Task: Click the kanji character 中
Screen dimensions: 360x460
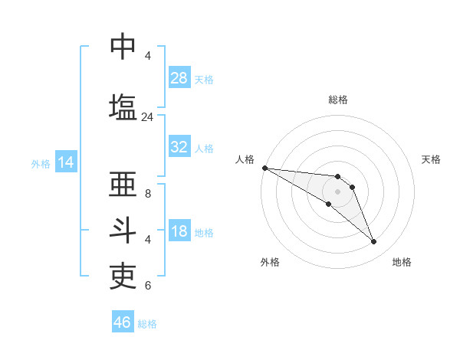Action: click(x=123, y=46)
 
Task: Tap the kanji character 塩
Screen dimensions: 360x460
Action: click(x=123, y=106)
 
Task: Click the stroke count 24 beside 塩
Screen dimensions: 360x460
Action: click(x=147, y=117)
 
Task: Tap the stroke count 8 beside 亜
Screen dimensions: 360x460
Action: click(x=148, y=194)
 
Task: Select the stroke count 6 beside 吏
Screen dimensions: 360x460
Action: click(x=148, y=286)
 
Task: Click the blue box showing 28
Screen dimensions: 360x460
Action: click(x=179, y=78)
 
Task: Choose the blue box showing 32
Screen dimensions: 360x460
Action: click(x=179, y=147)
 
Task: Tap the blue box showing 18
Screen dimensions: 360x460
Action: click(x=179, y=231)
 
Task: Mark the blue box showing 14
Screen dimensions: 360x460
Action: click(x=65, y=162)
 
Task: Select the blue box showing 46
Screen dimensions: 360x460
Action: click(x=123, y=322)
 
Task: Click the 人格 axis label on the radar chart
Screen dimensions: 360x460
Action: click(x=245, y=159)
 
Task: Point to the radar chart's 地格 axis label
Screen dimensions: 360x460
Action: click(x=402, y=262)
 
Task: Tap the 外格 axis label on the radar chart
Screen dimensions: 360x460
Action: click(x=270, y=262)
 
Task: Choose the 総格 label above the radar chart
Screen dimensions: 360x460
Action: click(x=338, y=100)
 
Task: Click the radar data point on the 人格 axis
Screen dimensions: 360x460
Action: click(x=264, y=168)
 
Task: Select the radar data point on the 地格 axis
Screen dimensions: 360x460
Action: click(x=373, y=242)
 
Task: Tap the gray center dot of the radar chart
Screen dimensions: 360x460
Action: click(x=338, y=191)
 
